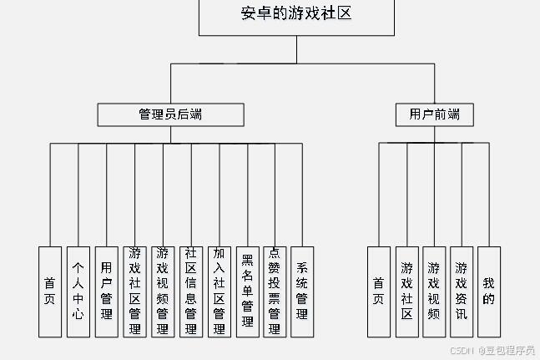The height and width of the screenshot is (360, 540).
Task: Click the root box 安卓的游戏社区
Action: tap(296, 17)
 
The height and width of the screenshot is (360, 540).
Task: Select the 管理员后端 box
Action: tap(171, 114)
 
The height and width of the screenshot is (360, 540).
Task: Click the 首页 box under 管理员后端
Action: tap(50, 291)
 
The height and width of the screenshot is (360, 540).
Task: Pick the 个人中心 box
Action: tap(78, 291)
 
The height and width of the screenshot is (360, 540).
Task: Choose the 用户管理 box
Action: tap(106, 291)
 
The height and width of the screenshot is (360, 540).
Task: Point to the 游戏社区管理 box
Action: tap(134, 291)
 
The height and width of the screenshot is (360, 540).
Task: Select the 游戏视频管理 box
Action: tap(162, 291)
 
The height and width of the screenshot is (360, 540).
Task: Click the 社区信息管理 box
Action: tap(190, 291)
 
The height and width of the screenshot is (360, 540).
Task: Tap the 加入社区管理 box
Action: tap(219, 291)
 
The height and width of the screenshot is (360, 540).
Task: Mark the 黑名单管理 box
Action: tap(246, 291)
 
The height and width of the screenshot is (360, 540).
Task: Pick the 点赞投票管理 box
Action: tap(274, 291)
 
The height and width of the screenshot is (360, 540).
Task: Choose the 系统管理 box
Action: tap(302, 291)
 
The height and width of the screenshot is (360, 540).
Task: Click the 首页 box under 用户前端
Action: tap(379, 291)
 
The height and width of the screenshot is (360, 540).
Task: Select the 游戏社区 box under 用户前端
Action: tap(406, 291)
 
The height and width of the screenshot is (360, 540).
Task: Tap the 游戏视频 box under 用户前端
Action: tap(434, 291)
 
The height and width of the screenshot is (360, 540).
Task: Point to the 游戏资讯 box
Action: tap(462, 291)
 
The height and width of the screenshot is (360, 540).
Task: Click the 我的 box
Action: tap(489, 291)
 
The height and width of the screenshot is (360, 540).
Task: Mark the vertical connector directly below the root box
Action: tap(296, 49)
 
